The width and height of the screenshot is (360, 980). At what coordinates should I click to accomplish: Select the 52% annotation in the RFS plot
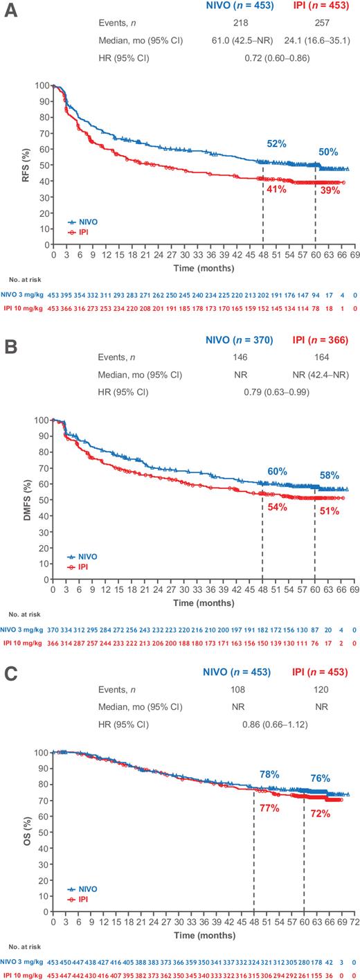[x=277, y=144]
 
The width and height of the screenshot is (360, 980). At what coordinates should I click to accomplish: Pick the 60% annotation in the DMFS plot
[x=277, y=472]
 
